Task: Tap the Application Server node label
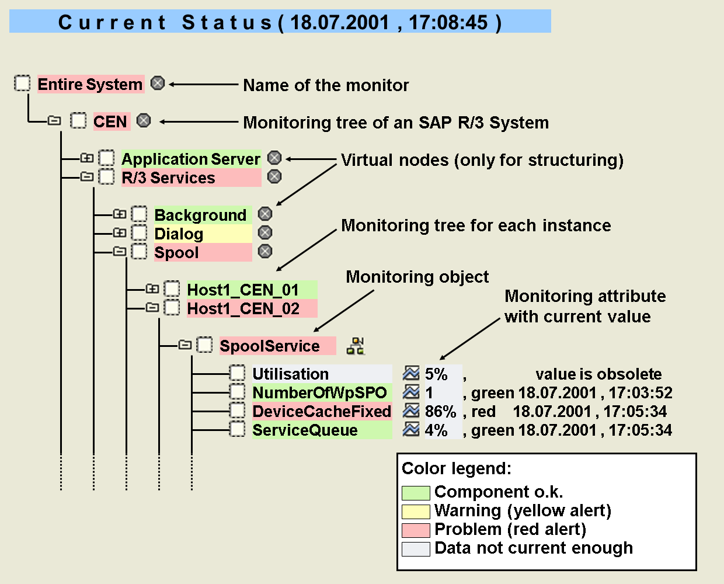(191, 159)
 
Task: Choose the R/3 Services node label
(191, 178)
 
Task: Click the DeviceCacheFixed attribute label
(322, 411)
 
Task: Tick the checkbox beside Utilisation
(238, 373)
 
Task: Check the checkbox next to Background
(139, 214)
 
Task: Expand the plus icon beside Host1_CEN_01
(152, 289)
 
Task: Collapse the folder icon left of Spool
(120, 251)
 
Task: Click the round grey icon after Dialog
(265, 232)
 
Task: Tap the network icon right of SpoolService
(355, 346)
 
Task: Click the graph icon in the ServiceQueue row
(411, 429)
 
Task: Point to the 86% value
(440, 411)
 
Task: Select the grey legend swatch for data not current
(416, 549)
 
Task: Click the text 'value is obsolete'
(598, 374)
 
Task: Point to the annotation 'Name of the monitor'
(326, 85)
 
